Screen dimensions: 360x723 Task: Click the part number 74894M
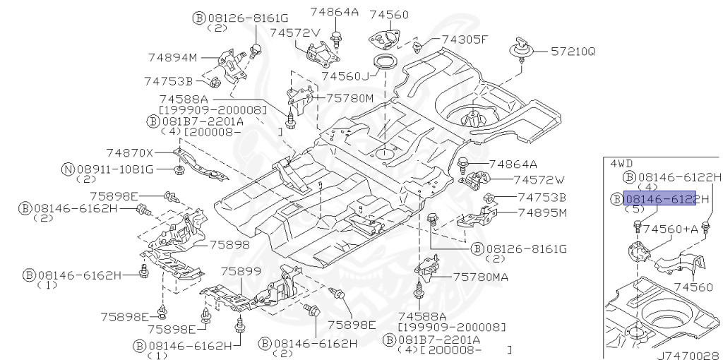tap(172, 57)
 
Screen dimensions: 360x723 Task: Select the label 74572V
tap(294, 32)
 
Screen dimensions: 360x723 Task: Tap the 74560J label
tap(345, 76)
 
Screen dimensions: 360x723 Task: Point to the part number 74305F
tap(465, 40)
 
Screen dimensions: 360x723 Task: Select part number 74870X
tap(129, 152)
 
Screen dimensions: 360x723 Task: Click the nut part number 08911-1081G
tap(114, 169)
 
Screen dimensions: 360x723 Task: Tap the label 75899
tap(240, 271)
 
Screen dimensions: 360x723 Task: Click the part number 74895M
tap(542, 212)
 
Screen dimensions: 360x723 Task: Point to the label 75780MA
tap(480, 277)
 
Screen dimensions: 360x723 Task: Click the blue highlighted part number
tap(660, 198)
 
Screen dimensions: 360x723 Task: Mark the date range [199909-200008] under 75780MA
tap(453, 328)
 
